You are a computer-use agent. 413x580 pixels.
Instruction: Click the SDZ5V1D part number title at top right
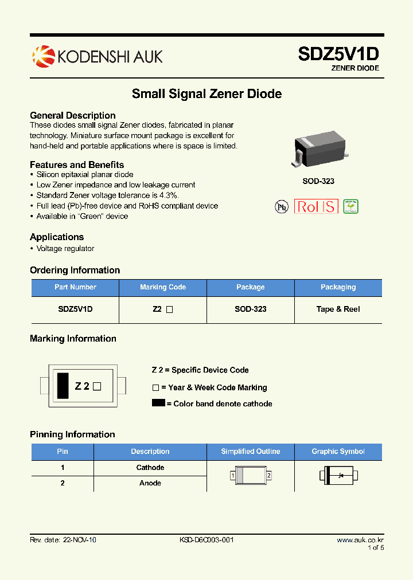click(x=338, y=54)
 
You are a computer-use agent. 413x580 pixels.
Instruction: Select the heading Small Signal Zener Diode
click(x=206, y=93)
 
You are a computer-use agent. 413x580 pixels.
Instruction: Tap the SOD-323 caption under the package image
click(x=318, y=181)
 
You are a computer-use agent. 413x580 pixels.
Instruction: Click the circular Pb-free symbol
click(x=281, y=207)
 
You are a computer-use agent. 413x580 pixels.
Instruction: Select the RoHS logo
click(x=316, y=206)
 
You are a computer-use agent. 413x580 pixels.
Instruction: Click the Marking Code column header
click(x=163, y=287)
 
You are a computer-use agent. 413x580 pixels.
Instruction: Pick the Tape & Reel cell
click(x=338, y=309)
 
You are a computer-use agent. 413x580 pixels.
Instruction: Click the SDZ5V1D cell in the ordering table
click(x=75, y=309)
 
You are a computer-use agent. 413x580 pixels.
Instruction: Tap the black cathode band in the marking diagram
click(x=62, y=386)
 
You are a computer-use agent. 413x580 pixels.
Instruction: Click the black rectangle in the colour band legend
click(x=158, y=403)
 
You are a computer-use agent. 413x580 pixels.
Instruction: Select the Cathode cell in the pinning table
click(x=150, y=468)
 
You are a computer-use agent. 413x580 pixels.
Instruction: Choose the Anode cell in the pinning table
click(x=150, y=483)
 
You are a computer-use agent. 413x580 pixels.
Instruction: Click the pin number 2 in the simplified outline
click(x=268, y=476)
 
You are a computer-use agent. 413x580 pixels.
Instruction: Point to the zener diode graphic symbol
click(x=338, y=475)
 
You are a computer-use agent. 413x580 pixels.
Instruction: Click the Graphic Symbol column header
click(x=338, y=452)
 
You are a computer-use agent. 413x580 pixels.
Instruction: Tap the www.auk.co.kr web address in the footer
click(x=360, y=540)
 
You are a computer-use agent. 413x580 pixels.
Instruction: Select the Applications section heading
click(x=57, y=237)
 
